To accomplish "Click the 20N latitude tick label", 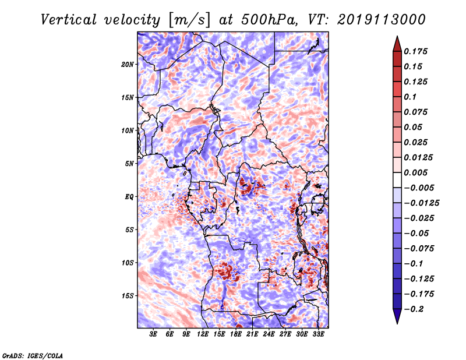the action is coord(128,65).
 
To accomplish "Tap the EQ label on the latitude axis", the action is coord(129,197).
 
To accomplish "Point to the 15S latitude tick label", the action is coord(128,296).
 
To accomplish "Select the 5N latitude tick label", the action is coord(129,164).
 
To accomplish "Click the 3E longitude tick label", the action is coord(153,334).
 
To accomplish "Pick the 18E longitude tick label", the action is coord(236,334).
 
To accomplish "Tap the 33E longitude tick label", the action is coord(318,334).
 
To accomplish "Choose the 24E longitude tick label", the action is coord(269,334).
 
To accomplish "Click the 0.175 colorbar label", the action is coord(415,52).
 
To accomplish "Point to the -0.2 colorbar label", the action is coord(414,309).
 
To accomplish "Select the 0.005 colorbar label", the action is coord(415,172).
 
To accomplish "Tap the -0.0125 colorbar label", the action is coord(421,203).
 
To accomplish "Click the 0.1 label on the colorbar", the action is coord(410,97).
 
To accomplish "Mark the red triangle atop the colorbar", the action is coord(397,44).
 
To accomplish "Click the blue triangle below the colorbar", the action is coord(397,316).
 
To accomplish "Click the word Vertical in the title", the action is coord(69,20).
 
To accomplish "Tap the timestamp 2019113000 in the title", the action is coord(382,20).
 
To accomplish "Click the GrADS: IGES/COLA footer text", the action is coord(33,355).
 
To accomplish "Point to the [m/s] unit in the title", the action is coord(189,20).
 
